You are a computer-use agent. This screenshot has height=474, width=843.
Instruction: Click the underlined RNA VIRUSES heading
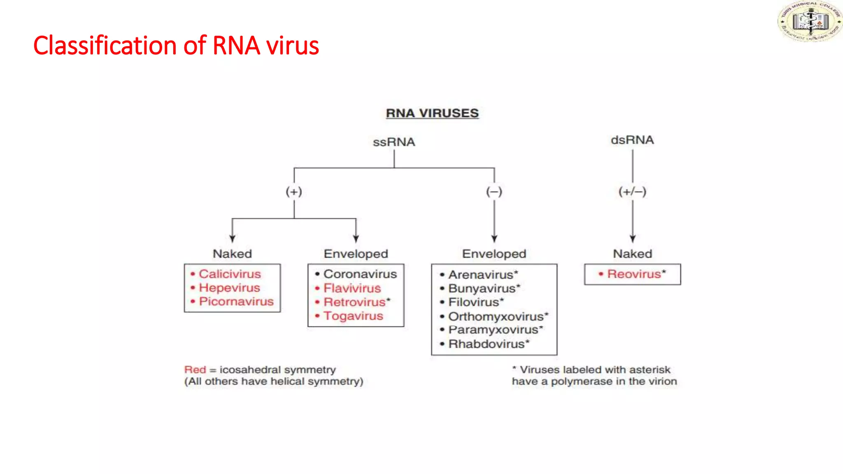[x=432, y=113]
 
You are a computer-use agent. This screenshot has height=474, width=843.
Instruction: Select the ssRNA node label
[x=394, y=142]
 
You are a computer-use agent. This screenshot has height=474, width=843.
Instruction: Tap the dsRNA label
[x=632, y=140]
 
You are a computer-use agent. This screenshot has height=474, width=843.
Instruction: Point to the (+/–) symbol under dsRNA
[x=632, y=192]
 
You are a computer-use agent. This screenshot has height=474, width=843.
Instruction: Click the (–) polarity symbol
[x=494, y=192]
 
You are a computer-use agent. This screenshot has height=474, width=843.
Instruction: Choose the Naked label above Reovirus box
[x=632, y=254]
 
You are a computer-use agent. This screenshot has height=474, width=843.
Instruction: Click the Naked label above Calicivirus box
[x=232, y=254]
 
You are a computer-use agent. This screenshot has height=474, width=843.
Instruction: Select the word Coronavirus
[x=360, y=274]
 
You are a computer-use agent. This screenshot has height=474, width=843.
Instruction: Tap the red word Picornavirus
[x=236, y=302]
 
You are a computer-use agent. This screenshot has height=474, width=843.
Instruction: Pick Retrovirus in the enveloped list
[x=354, y=302]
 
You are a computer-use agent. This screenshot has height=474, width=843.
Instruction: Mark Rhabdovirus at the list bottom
[x=486, y=344]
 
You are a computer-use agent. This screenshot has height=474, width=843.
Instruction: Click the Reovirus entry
[x=634, y=274]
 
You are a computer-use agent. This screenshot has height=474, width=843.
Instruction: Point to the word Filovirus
[x=473, y=302]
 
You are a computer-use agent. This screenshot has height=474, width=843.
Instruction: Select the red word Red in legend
[x=195, y=369]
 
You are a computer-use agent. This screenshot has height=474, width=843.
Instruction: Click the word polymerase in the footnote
[x=581, y=382]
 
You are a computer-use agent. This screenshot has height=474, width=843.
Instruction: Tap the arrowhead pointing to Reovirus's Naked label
[x=633, y=239]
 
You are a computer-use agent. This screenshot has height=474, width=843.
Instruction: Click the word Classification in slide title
[x=105, y=45]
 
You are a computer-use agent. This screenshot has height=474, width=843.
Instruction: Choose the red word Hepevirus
[x=229, y=288]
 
